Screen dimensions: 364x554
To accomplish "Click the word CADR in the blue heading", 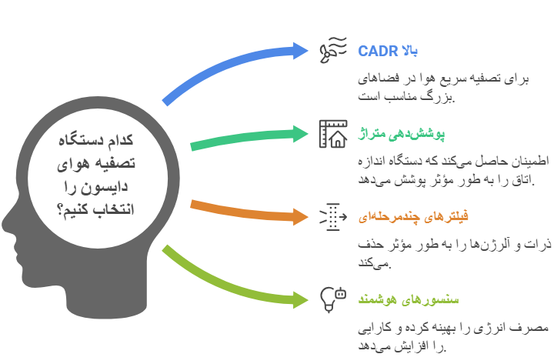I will [x=376, y=52].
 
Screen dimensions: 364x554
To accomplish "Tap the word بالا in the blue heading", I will [x=409, y=52].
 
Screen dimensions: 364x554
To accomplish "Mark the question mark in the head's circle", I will [x=62, y=211].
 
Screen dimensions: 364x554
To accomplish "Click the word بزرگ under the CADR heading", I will [x=442, y=98].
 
